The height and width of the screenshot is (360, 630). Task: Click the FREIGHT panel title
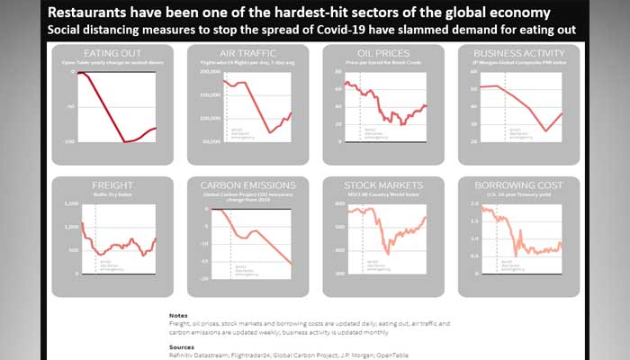112,185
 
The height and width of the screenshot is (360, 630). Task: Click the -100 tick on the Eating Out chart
67,142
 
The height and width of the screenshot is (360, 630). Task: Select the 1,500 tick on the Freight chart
72,204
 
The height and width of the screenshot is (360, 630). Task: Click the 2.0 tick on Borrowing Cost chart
473,204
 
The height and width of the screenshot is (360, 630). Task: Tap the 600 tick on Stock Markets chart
341,204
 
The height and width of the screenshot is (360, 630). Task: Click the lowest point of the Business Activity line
547,131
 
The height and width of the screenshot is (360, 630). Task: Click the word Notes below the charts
178,315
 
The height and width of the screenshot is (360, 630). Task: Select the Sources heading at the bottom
182,346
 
